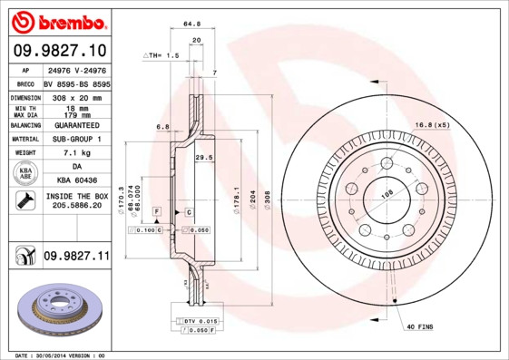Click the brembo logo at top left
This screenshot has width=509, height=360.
tap(58, 20)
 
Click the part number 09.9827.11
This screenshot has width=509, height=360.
tap(76, 257)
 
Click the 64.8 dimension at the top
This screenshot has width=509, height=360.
tap(191, 24)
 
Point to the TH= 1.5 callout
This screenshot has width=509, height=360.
tap(162, 55)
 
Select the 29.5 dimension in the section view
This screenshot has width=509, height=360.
tap(204, 157)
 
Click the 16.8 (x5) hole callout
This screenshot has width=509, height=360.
tap(433, 124)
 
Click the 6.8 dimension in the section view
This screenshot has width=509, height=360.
tap(162, 126)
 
